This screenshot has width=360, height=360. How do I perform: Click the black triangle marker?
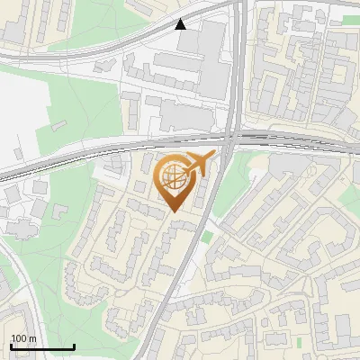(181, 24)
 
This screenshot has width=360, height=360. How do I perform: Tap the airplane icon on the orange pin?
(199, 164)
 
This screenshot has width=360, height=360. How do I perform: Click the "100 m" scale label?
(23, 338)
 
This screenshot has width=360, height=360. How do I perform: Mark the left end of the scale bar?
(11, 346)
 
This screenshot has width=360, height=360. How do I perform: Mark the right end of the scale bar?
(74, 346)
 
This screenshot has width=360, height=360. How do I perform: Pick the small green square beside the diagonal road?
(208, 237)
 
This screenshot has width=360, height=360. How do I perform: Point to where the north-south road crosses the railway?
(229, 140)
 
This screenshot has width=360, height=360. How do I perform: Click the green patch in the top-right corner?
(350, 19)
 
